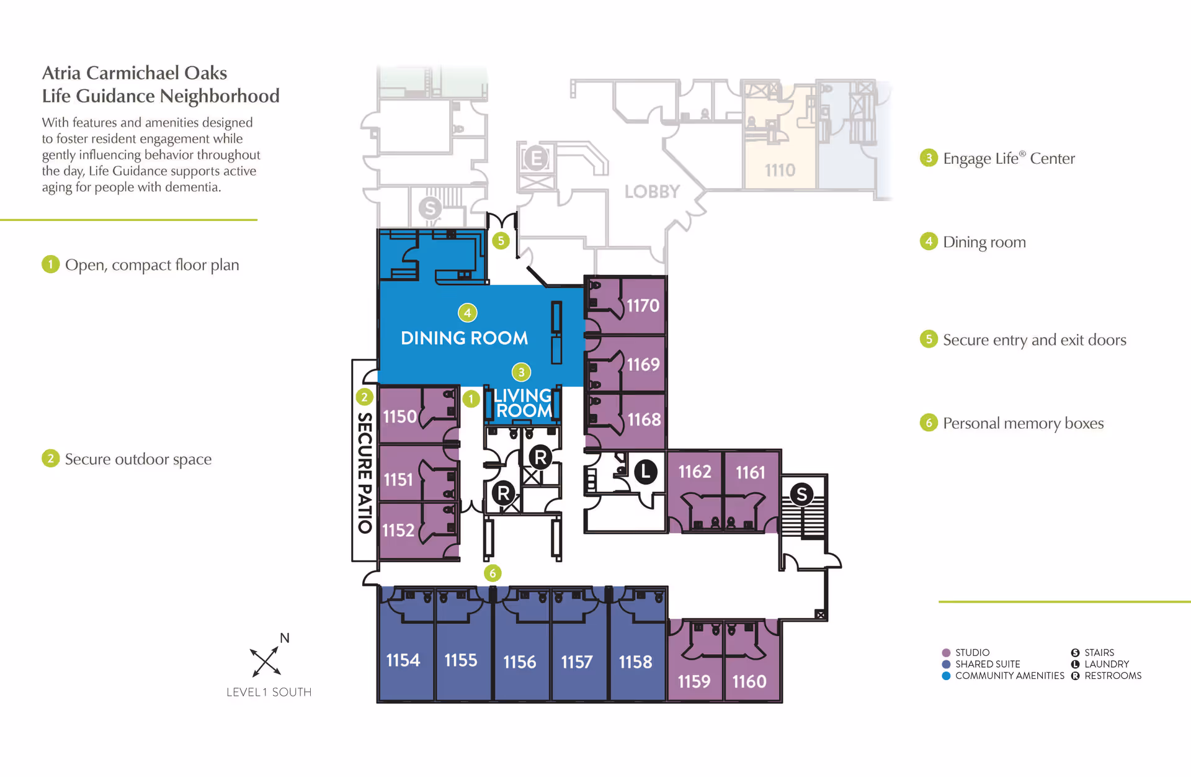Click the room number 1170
(x=643, y=305)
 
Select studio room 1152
(x=398, y=530)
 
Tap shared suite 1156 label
(x=519, y=662)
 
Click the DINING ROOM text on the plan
(x=464, y=338)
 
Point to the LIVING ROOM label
(x=523, y=403)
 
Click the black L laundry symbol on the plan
(x=646, y=472)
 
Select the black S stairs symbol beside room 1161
(x=801, y=495)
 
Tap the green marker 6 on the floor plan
(x=493, y=573)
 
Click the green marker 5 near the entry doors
(x=501, y=241)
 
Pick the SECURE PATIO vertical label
(x=365, y=472)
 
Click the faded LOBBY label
(x=652, y=192)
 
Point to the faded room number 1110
(x=780, y=170)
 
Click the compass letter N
(x=285, y=638)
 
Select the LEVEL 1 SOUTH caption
(x=269, y=692)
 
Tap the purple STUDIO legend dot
(x=946, y=653)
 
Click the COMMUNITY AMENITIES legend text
(x=1009, y=676)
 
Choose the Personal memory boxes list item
(x=1023, y=423)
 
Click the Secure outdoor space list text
(x=138, y=459)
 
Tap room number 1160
(x=749, y=681)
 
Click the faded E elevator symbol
(x=536, y=159)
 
